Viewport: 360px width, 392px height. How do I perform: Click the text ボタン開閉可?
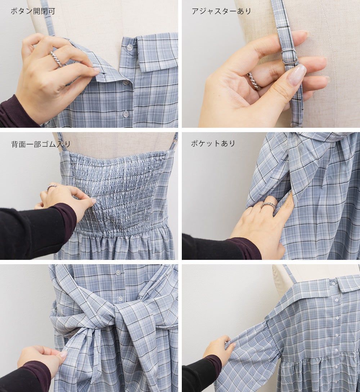33,11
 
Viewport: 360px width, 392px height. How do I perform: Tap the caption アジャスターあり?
221,11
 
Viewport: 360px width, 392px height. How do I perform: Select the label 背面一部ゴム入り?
41,144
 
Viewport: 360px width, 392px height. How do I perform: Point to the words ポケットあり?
213,144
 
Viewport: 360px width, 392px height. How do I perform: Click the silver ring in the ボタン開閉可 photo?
56,59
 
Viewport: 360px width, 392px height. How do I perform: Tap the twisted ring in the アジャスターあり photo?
253,81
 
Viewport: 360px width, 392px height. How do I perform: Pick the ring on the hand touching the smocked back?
52,187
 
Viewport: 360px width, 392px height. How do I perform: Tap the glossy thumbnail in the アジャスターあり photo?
297,75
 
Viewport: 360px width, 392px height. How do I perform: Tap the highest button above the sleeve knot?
118,272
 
